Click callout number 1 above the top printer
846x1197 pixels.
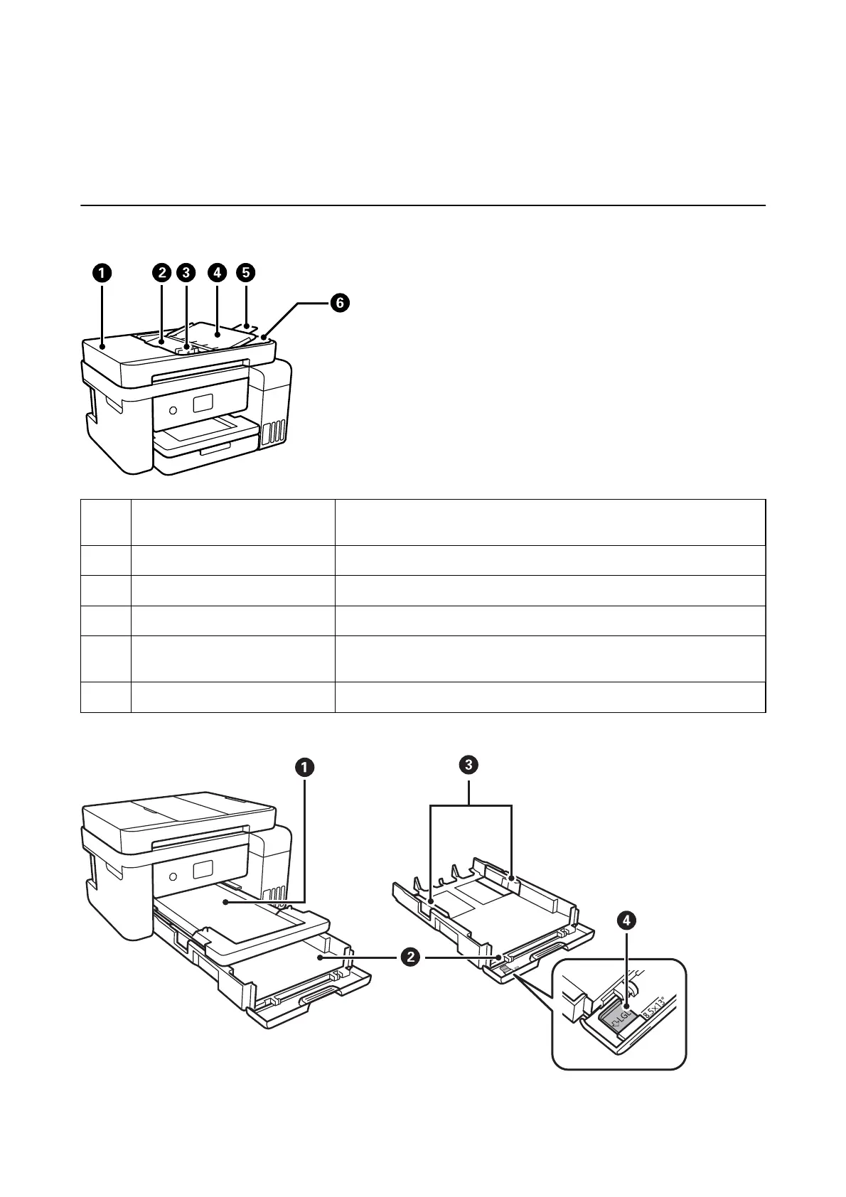[102, 273]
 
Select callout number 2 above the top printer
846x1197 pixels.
[161, 273]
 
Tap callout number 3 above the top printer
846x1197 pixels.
[186, 273]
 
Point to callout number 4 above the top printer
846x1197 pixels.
[217, 273]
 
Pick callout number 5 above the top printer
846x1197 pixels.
[246, 273]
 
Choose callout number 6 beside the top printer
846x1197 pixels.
[340, 303]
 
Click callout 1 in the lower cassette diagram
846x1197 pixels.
[304, 768]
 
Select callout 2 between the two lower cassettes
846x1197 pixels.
[410, 957]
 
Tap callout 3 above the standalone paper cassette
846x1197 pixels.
[468, 766]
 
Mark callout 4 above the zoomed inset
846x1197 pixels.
[627, 920]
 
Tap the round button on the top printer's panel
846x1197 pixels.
[173, 410]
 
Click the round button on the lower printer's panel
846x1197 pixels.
[173, 877]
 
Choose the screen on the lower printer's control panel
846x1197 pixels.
[203, 869]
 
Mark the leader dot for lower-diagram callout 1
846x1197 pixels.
[226, 902]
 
